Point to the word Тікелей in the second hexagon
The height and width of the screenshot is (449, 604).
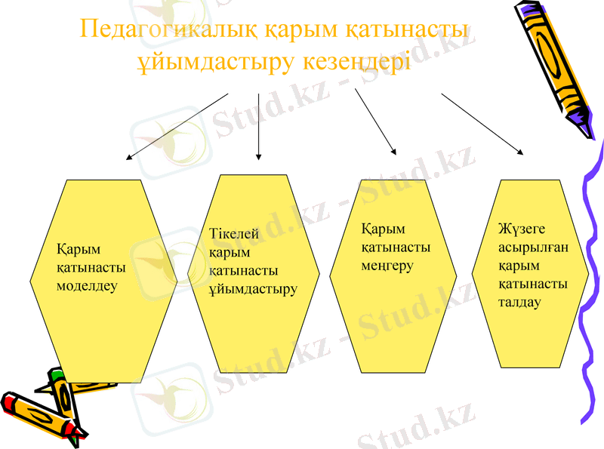[234, 234]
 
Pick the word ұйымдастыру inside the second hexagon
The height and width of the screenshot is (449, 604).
[253, 289]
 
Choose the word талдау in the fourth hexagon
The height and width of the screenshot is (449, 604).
[520, 303]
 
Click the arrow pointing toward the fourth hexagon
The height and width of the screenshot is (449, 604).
[482, 124]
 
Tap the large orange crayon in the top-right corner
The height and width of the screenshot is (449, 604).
[550, 57]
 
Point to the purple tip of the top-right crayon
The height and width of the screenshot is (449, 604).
[581, 121]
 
